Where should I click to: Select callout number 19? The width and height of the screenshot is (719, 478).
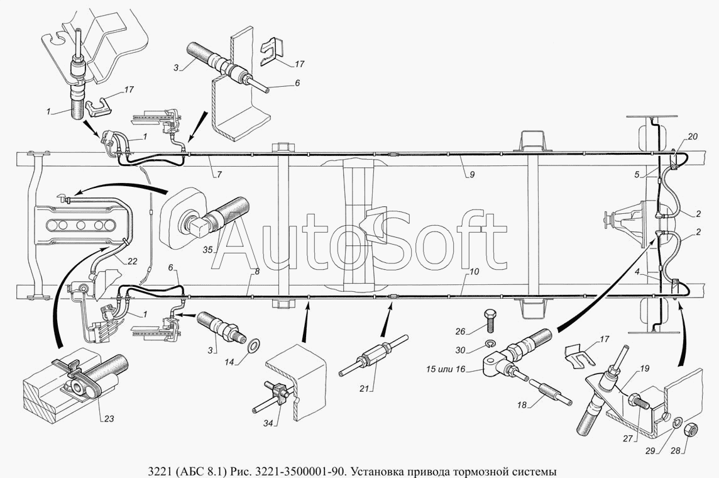click(645, 369)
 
